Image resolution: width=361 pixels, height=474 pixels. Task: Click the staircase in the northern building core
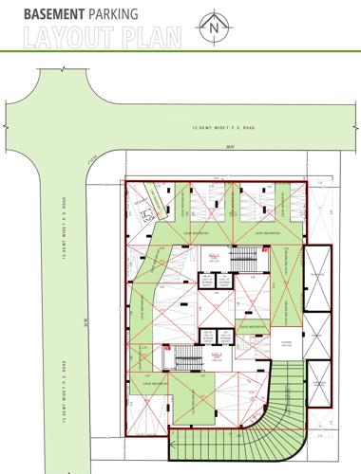248,259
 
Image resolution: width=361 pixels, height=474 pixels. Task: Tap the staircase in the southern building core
183,357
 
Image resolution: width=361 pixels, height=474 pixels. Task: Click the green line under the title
180,49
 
